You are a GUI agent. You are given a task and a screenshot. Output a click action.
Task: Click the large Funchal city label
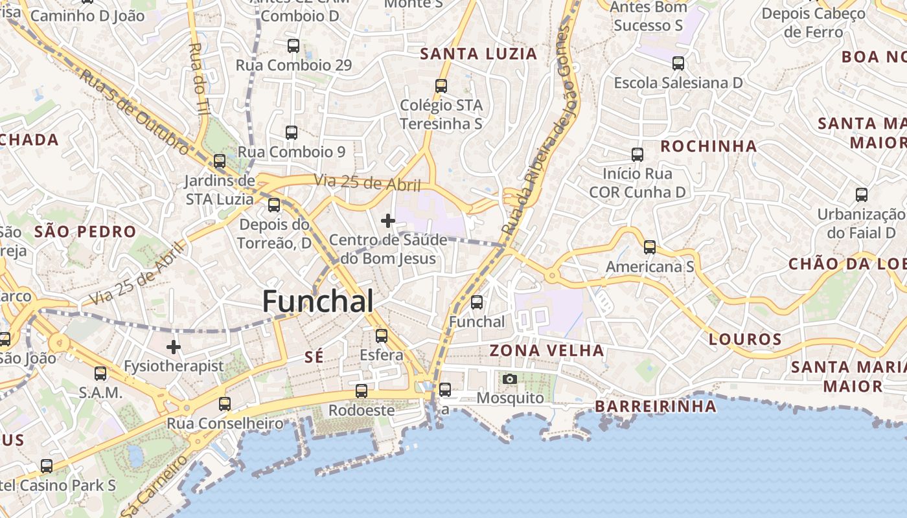point(318,302)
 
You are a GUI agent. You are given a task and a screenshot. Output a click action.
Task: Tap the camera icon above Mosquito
point(510,379)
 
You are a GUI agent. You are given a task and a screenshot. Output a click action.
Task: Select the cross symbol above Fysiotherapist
point(174,347)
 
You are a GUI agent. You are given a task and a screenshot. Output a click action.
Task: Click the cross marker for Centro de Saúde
point(388,221)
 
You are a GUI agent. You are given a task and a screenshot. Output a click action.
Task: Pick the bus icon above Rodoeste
point(362,391)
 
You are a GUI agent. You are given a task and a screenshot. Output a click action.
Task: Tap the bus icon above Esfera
point(382,336)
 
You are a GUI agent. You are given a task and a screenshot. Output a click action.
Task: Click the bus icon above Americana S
point(650,247)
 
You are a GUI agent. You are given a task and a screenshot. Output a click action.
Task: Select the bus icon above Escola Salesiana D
point(678,63)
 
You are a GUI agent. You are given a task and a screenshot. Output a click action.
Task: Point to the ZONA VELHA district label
point(547,351)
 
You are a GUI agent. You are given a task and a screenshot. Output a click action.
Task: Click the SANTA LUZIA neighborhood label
point(479,54)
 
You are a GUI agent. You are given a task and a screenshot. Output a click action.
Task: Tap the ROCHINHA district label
point(709,146)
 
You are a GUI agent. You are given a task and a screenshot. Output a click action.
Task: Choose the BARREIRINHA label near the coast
point(656,406)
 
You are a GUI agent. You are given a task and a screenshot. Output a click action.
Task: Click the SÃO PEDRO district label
point(86,232)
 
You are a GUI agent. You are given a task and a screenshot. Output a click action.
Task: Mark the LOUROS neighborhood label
point(745,339)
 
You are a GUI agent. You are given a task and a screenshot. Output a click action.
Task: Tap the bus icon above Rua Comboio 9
point(292,133)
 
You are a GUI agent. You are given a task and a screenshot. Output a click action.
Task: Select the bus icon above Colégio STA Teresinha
point(441,85)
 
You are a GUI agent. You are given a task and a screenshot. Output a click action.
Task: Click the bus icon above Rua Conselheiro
point(225,404)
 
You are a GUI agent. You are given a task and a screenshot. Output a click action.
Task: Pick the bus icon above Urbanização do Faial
point(862,195)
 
